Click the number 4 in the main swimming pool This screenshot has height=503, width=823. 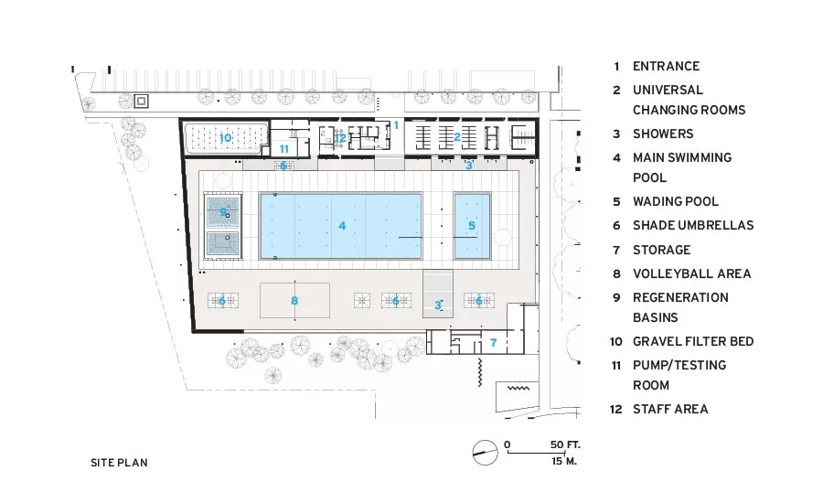click(x=342, y=226)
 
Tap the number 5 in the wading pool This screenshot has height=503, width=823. click(x=472, y=226)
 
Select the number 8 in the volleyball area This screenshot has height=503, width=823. click(x=294, y=301)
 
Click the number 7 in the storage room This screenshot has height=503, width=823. click(x=494, y=343)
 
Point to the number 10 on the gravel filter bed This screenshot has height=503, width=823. click(x=225, y=138)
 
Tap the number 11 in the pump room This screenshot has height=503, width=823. click(x=284, y=149)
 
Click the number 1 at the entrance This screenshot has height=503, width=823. click(x=396, y=125)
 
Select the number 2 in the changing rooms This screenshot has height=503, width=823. click(x=457, y=137)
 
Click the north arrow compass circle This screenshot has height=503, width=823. click(x=485, y=453)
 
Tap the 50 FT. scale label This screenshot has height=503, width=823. click(x=565, y=444)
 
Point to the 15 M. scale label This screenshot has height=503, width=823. click(x=564, y=461)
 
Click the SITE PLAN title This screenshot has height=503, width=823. click(x=119, y=463)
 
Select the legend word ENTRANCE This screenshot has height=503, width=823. click(x=666, y=66)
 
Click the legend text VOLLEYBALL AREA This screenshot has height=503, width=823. click(x=692, y=273)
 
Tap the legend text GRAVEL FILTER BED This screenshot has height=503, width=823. click(x=693, y=341)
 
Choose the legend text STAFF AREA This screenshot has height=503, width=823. click(x=670, y=409)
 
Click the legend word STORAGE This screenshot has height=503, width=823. click(x=662, y=250)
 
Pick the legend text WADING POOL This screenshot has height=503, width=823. click(x=676, y=201)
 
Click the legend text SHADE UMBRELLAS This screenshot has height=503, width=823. click(x=693, y=225)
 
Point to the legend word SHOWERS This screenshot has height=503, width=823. click(x=663, y=134)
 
